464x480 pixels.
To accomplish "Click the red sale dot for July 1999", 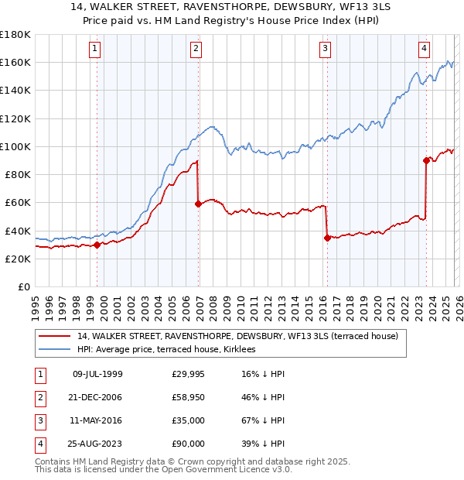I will pos(97,245).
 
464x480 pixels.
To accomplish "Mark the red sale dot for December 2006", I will pos(199,204).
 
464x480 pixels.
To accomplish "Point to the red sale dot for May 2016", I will pos(327,238).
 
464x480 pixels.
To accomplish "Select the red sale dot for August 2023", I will pos(426,161).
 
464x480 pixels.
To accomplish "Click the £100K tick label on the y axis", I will pos(15,146).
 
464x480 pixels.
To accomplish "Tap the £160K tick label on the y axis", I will pos(15,62).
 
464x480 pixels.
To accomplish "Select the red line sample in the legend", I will pos(56,336).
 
